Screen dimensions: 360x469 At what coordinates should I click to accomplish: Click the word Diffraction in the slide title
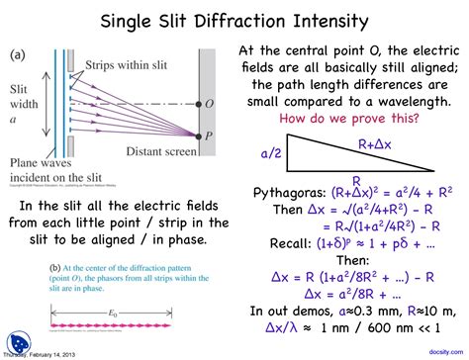(x=235, y=21)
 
